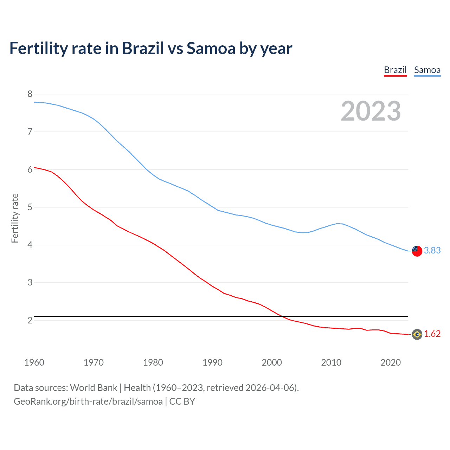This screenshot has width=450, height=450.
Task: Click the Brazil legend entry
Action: (395, 70)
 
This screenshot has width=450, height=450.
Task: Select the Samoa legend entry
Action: (427, 70)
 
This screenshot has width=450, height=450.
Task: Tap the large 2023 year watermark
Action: (371, 111)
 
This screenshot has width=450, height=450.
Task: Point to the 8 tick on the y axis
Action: (30, 94)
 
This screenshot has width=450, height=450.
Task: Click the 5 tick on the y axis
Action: (30, 207)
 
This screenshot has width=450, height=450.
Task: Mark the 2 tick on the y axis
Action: (30, 320)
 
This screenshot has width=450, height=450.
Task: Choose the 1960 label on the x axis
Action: (34, 362)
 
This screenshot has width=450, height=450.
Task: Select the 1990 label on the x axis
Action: (212, 362)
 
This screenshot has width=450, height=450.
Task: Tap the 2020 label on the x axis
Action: (391, 362)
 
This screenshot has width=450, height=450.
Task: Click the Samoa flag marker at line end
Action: (417, 251)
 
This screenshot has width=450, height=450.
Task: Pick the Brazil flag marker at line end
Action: (417, 334)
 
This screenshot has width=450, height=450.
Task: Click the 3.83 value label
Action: (432, 250)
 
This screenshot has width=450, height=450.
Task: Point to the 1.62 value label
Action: (432, 334)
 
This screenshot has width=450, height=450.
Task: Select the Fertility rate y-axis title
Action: (15, 218)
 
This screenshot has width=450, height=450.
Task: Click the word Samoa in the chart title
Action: (211, 49)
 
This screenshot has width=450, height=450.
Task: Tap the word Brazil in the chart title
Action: (143, 49)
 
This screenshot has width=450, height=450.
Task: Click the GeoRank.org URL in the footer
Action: (88, 401)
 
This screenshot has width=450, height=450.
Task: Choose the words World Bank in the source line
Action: (94, 388)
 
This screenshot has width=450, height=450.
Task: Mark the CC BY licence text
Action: (182, 401)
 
